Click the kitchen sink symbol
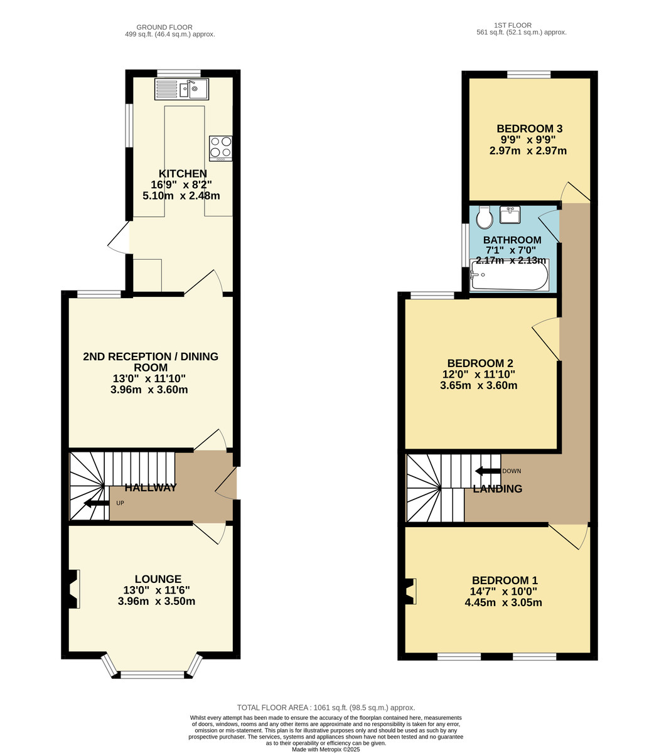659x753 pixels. point(181,89)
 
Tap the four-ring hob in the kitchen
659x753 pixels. point(220,148)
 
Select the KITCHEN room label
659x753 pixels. point(183,174)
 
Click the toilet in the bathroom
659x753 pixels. point(485,218)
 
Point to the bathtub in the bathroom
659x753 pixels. point(509,275)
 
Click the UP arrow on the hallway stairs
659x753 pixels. point(96,503)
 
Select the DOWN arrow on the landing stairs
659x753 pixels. point(488,471)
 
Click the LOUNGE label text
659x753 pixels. point(158,579)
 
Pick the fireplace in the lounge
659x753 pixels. point(73,589)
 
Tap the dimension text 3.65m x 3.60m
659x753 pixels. point(478,385)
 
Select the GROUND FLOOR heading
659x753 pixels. point(164,27)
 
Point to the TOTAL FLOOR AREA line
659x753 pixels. point(326,707)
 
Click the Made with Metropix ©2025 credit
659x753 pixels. point(326,749)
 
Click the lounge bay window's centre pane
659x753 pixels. point(153,675)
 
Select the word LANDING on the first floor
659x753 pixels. point(498,489)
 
